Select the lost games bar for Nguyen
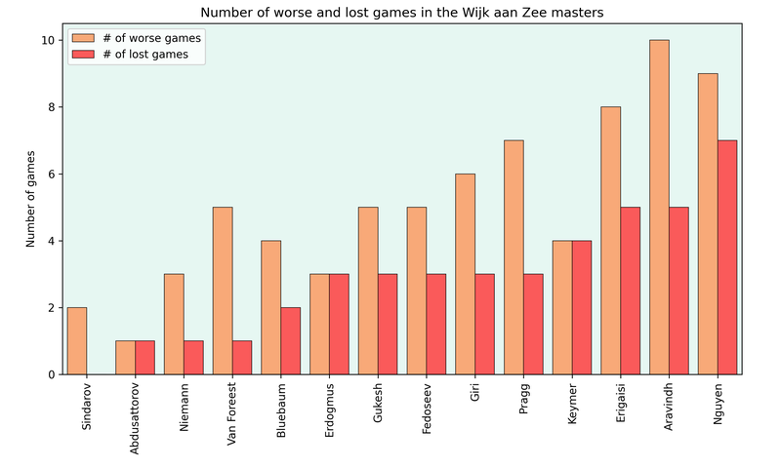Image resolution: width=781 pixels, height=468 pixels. pyautogui.click(x=727, y=257)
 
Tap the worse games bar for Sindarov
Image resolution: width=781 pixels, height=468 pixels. pyautogui.click(x=77, y=341)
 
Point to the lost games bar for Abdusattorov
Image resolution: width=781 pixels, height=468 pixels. pyautogui.click(x=144, y=358)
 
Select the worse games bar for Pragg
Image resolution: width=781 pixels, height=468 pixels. pyautogui.click(x=514, y=257)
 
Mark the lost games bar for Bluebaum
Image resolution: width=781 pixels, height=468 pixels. pyautogui.click(x=290, y=341)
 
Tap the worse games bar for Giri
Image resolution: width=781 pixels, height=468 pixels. pyautogui.click(x=466, y=274)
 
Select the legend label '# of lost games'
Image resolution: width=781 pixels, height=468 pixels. pyautogui.click(x=145, y=55)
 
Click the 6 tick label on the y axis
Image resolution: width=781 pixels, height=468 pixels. pyautogui.click(x=51, y=175)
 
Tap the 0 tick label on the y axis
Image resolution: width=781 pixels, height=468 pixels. pyautogui.click(x=51, y=374)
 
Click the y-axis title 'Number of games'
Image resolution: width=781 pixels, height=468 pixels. pyautogui.click(x=30, y=199)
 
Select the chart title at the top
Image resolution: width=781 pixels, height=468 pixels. pyautogui.click(x=401, y=13)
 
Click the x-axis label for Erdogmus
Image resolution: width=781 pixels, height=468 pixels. pyautogui.click(x=329, y=410)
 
